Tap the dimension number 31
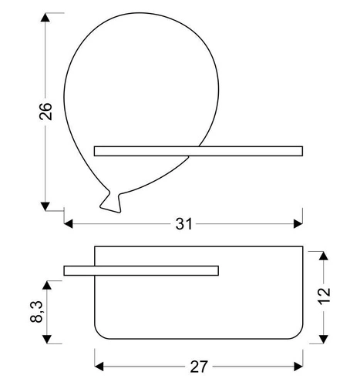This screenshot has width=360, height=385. click(183, 224)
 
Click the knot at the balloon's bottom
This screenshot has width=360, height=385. click(111, 202)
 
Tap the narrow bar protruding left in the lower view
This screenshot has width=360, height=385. click(142, 269)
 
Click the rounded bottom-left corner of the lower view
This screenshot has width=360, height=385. click(100, 330)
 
